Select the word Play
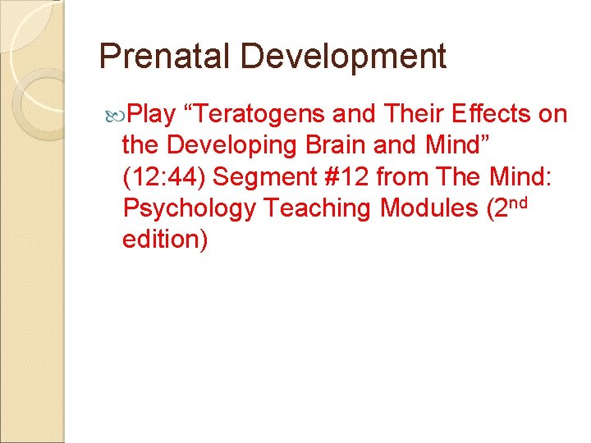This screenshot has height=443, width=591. click(153, 114)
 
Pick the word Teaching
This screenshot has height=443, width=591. click(320, 208)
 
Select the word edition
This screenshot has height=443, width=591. click(161, 240)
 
